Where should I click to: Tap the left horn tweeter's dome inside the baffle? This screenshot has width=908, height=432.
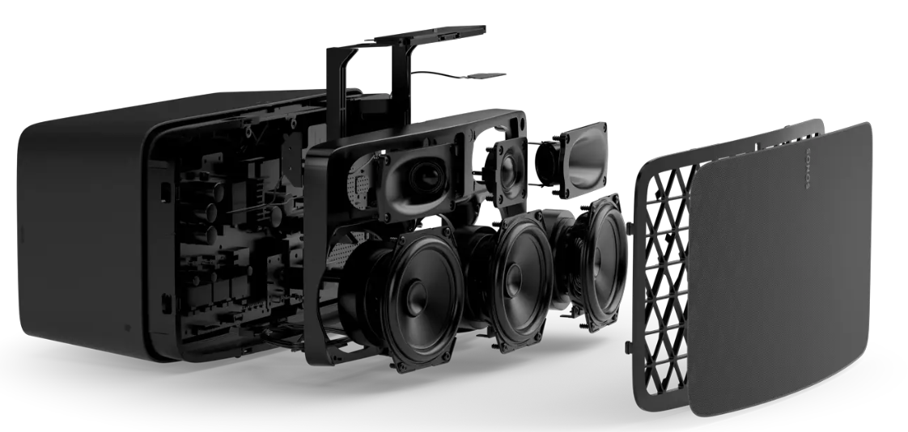426,176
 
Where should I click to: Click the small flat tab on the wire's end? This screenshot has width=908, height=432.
486,75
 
